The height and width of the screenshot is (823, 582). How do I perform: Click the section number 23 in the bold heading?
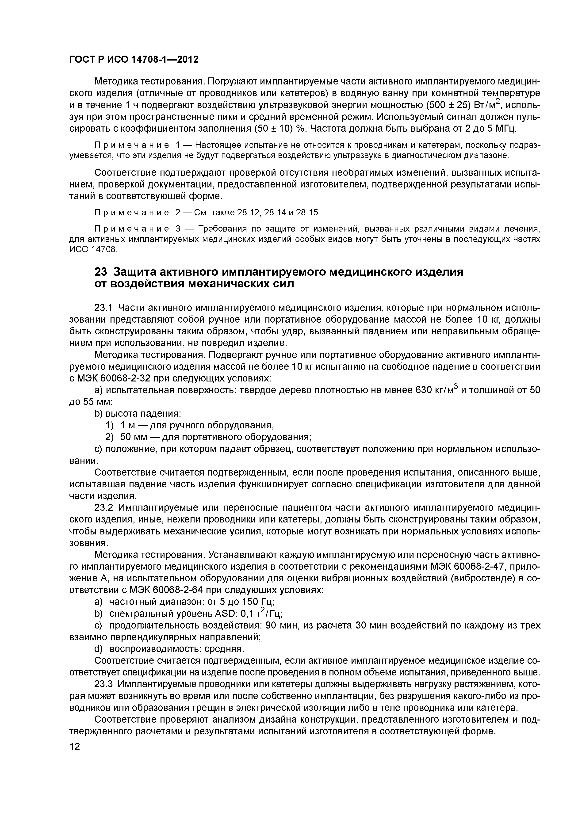pos(101,272)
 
